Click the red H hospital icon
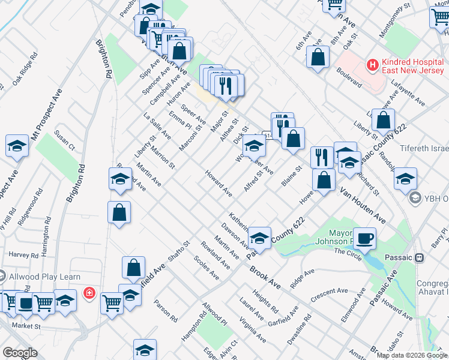(373, 64)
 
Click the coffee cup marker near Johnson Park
(364, 239)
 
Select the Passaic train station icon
(420, 257)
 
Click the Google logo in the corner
(20, 353)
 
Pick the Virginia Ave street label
(253, 331)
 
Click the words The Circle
(349, 253)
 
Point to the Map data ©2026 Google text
(412, 355)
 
